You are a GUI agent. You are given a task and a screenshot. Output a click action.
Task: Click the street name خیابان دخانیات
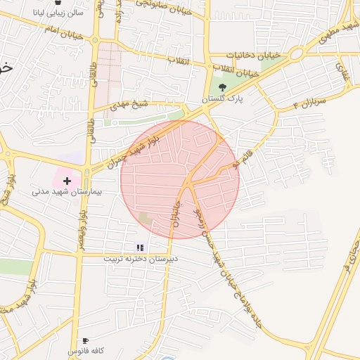point(254,54)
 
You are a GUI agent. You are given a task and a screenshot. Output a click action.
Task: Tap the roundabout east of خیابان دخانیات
point(295,53)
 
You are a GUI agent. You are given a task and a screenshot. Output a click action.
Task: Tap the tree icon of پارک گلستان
point(222,88)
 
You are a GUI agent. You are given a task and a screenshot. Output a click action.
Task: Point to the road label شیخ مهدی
point(131,105)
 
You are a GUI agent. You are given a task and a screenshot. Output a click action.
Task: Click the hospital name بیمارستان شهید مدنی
point(67,191)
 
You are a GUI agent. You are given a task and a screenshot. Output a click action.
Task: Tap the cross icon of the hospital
point(67,181)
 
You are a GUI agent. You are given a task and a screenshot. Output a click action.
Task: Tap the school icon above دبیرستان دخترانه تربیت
point(140,247)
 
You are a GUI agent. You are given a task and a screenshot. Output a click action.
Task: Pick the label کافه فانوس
point(86,350)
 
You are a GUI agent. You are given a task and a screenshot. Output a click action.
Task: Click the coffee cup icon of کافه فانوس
point(86,340)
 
